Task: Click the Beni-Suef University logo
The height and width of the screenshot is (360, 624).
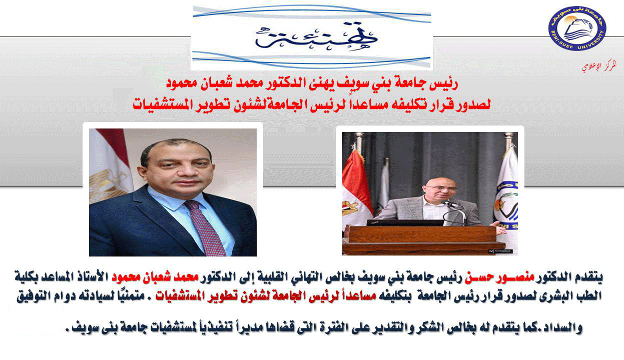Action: (577, 28)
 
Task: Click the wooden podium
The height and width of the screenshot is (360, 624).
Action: (423, 239)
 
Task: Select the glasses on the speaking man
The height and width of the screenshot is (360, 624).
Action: (442, 188)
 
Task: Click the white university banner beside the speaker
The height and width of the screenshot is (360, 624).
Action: (505, 195)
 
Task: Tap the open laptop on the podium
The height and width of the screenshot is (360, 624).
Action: (404, 222)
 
